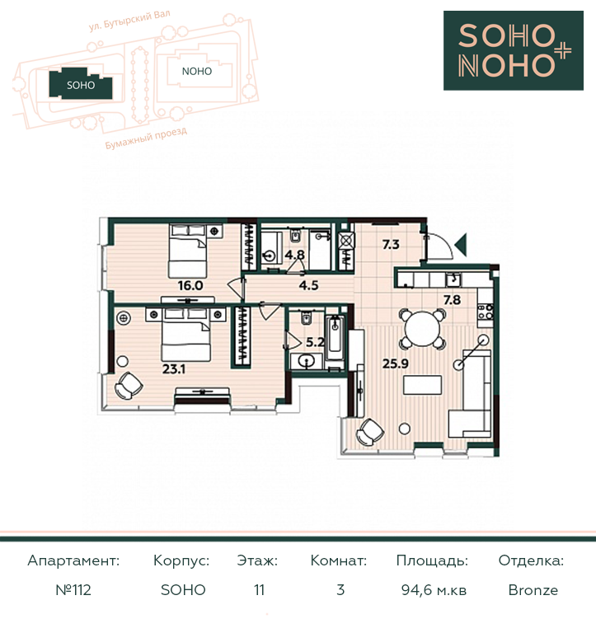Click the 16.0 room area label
pyautogui.click(x=190, y=286)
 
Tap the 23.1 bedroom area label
pyautogui.click(x=174, y=368)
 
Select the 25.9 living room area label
pyautogui.click(x=396, y=363)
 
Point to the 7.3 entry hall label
pyautogui.click(x=391, y=244)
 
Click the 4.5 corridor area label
pyautogui.click(x=308, y=285)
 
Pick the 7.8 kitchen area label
pyautogui.click(x=452, y=300)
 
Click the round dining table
pyautogui.click(x=423, y=328)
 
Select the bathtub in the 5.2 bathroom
pyautogui.click(x=336, y=340)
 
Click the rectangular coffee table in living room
pyautogui.click(x=422, y=385)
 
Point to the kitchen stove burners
pyautogui.click(x=485, y=312)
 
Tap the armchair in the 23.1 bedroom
pyautogui.click(x=129, y=386)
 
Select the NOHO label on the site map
pyautogui.click(x=197, y=72)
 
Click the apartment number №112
pyautogui.click(x=73, y=590)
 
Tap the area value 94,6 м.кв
pyautogui.click(x=434, y=590)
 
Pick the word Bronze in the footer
pyautogui.click(x=533, y=590)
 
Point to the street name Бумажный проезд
pyautogui.click(x=146, y=138)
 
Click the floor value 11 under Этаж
pyautogui.click(x=259, y=590)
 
